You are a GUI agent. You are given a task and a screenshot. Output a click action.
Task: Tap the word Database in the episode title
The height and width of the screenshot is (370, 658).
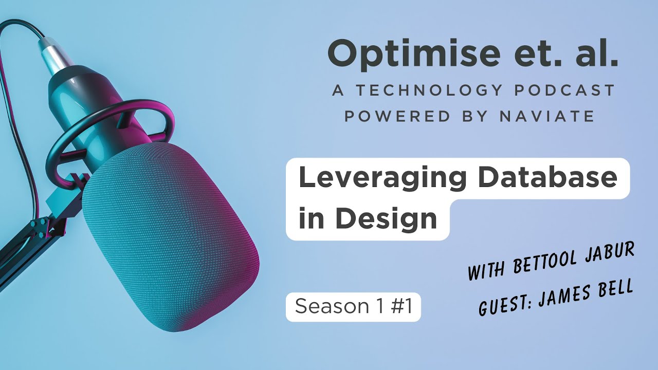click(547, 177)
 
